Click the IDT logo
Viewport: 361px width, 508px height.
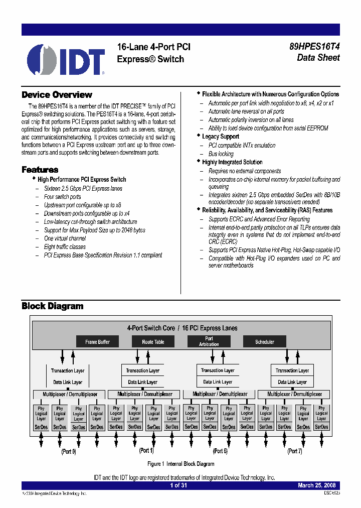pos(66,60)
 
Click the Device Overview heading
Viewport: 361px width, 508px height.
pos(57,95)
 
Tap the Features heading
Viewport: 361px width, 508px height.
pos(40,170)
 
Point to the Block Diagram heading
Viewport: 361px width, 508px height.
pos(52,306)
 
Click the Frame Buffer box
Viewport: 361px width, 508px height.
pos(97,342)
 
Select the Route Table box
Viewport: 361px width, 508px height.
pos(153,342)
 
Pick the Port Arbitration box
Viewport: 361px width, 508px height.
pos(209,342)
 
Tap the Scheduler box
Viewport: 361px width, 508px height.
pos(265,342)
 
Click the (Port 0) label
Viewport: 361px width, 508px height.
pos(69,452)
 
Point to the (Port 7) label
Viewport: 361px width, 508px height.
pos(294,451)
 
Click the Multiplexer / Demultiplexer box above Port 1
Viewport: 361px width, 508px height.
pos(145,395)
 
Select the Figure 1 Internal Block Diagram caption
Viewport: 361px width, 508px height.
pos(181,464)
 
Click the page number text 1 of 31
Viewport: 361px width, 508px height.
pos(178,485)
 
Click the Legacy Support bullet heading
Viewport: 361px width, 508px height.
pos(221,137)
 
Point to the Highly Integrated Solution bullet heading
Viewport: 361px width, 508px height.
pos(232,162)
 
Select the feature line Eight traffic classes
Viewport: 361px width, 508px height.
pos(65,247)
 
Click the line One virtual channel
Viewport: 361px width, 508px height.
pos(65,238)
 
